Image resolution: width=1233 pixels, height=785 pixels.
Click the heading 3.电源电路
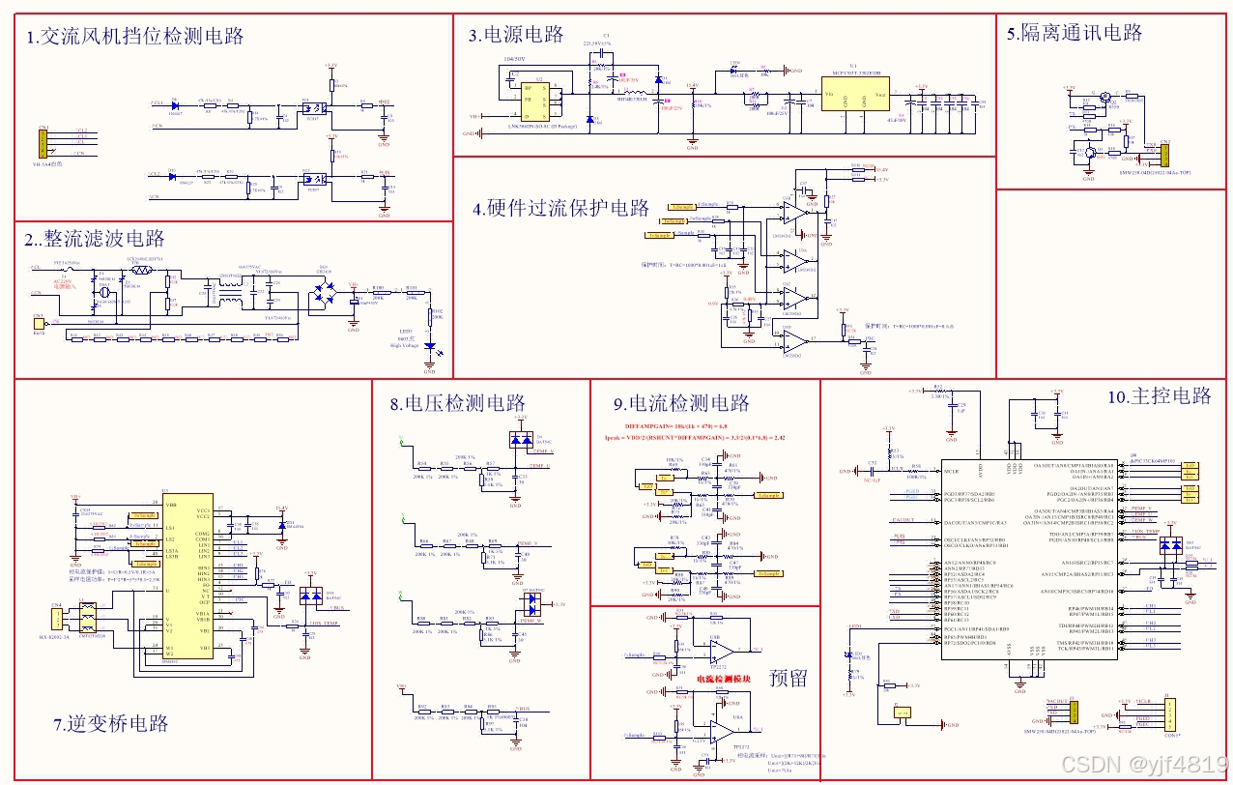tap(516, 36)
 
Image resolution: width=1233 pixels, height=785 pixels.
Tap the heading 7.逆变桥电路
tap(111, 723)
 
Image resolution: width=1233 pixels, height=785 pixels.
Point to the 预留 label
tap(789, 678)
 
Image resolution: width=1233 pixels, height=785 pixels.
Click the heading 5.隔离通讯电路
tap(1074, 33)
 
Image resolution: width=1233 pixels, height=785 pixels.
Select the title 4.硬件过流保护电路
tap(561, 209)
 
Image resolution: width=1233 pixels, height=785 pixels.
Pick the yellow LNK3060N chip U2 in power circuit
tap(529, 97)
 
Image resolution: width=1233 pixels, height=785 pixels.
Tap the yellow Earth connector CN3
tap(39, 323)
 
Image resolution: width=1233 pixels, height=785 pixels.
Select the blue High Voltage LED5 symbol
tap(430, 350)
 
